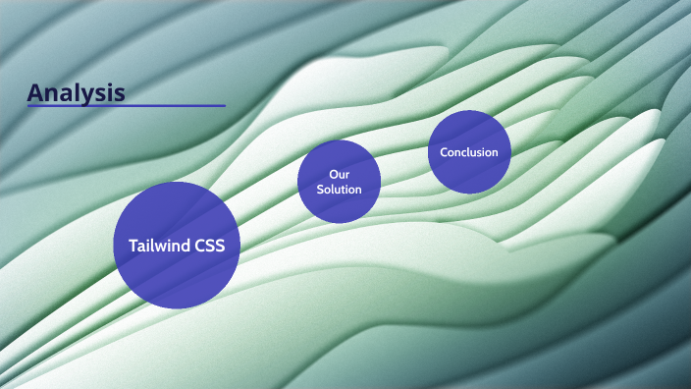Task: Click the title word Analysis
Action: click(x=76, y=92)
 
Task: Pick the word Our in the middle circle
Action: click(x=340, y=174)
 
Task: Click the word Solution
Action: click(x=340, y=190)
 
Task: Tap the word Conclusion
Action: click(x=469, y=152)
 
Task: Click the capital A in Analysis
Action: click(x=36, y=92)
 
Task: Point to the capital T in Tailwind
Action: click(x=133, y=246)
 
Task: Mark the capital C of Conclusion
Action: click(x=444, y=152)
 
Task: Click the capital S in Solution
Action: click(x=320, y=190)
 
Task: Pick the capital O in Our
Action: click(x=333, y=174)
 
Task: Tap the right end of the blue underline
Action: click(x=224, y=105)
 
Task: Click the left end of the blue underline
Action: click(x=28, y=105)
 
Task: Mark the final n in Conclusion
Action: click(x=495, y=152)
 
